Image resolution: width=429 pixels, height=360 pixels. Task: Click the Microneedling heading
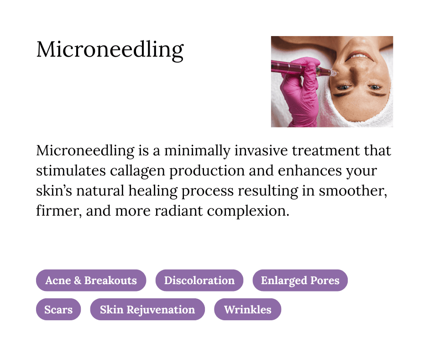pos(110,49)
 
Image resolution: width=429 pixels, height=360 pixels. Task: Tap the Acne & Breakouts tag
pos(91,280)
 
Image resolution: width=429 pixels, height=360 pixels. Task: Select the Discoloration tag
pos(199,280)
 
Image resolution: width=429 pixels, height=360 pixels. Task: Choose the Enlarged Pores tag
pos(300,280)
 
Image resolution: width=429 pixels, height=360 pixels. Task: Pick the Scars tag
pos(58,309)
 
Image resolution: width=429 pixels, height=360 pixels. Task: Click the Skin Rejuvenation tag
pos(147,309)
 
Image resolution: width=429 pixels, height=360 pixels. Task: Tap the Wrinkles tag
pos(247,309)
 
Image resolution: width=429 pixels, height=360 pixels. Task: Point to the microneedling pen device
pos(301,69)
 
